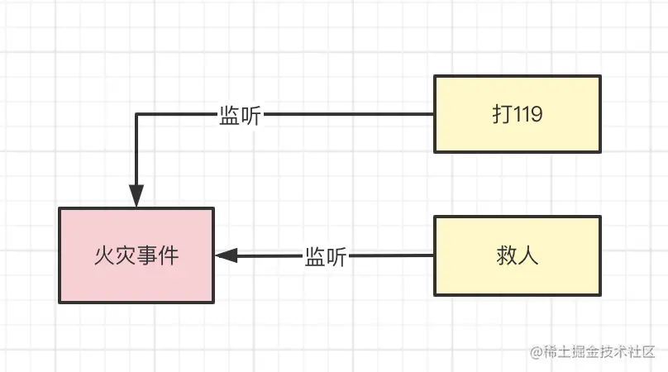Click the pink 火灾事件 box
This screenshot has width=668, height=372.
(136, 255)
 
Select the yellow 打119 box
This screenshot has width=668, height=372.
(518, 114)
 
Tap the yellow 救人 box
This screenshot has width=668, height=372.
(518, 255)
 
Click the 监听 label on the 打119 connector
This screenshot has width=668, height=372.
(240, 116)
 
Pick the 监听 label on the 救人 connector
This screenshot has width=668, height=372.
(325, 256)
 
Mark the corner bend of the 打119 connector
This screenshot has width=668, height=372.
(136, 115)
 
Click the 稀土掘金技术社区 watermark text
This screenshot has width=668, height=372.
(599, 351)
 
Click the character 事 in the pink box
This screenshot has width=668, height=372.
(147, 255)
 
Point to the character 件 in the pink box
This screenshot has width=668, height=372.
(169, 255)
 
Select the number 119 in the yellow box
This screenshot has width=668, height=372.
(527, 115)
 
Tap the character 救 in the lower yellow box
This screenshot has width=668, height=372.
(507, 255)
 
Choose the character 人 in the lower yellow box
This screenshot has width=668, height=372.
(528, 255)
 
